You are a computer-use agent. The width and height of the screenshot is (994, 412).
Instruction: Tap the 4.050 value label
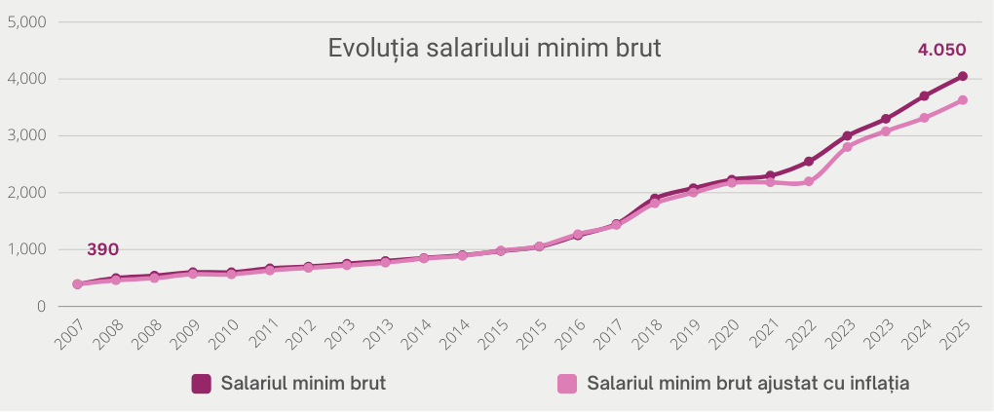click(941, 50)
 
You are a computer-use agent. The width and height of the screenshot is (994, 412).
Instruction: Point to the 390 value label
click(102, 249)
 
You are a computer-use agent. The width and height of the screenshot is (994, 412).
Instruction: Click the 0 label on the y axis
click(40, 306)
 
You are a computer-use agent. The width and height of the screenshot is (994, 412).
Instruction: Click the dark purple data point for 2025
click(962, 76)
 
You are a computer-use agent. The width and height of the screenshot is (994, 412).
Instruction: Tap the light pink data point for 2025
click(962, 100)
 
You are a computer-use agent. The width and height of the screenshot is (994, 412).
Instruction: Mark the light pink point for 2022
click(809, 181)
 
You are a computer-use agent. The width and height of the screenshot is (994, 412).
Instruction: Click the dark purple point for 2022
click(809, 162)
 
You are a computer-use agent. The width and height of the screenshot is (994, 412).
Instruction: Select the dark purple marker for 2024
click(924, 95)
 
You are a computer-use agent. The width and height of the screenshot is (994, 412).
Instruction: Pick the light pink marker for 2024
click(924, 118)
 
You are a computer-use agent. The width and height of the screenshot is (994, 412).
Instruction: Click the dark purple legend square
click(202, 384)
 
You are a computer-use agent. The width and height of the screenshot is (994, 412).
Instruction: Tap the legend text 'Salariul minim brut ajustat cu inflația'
click(748, 384)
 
